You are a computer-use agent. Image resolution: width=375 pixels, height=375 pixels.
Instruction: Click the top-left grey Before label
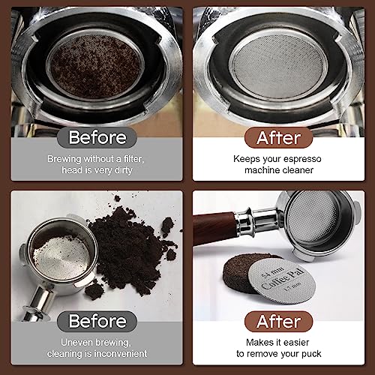point(95,137)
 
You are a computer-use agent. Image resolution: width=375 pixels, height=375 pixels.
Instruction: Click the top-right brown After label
point(279,137)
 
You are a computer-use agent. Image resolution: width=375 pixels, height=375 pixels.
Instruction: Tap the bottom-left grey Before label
point(95,322)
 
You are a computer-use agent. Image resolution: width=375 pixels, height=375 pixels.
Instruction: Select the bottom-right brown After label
point(279,322)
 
